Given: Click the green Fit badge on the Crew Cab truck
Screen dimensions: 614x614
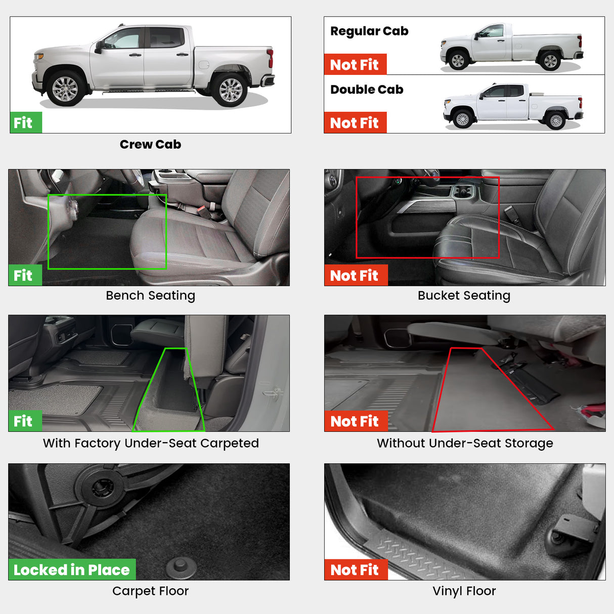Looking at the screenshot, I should [25, 123].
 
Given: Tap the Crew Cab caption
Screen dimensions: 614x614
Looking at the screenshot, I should [150, 144].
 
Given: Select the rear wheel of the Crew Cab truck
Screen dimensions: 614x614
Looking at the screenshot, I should [231, 90].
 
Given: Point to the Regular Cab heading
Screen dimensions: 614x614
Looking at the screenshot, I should [369, 31].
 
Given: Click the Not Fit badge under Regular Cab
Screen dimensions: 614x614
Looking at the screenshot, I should [355, 65].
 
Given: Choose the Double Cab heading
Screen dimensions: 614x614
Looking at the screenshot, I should [367, 90].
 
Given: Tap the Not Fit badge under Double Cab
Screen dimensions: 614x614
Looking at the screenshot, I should [355, 123].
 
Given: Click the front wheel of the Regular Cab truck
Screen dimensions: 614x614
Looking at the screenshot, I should [458, 61].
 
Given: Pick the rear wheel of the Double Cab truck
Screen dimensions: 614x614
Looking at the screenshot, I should [556, 120].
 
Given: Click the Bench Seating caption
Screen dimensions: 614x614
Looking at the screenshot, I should [150, 295].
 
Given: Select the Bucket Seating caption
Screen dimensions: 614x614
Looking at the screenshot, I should [464, 295].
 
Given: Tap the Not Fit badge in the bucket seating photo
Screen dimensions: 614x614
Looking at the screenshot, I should [355, 276].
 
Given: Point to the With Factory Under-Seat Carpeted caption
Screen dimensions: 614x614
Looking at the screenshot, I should [151, 443].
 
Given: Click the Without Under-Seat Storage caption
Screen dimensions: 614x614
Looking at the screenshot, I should [465, 443].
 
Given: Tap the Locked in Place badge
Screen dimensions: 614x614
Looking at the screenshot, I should [72, 570].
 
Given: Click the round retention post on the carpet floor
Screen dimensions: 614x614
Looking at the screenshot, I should [181, 566].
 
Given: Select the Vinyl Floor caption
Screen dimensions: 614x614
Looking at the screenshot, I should [464, 591].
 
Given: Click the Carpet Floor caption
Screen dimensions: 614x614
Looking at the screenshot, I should [150, 591].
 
